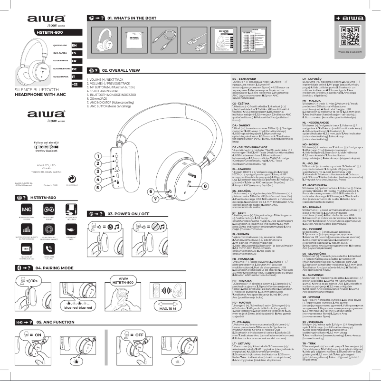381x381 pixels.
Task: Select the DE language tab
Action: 74,69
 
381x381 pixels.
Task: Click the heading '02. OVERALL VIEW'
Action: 124,70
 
